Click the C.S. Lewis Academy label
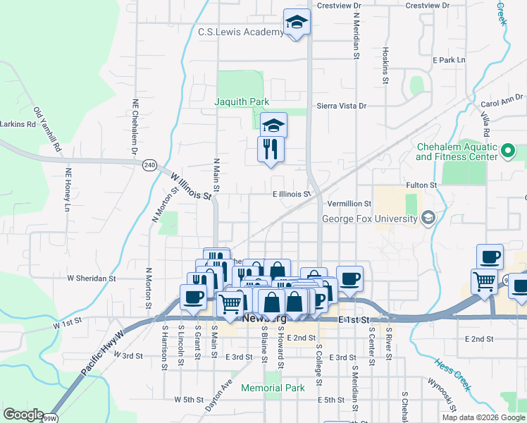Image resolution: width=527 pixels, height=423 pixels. pos(240,32)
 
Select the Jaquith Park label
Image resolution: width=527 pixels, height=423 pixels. pos(242,102)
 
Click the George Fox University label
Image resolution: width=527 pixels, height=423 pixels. pos(369,219)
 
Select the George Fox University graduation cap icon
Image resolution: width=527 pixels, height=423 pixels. pos(427,219)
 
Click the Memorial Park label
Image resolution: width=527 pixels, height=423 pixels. pos(273,388)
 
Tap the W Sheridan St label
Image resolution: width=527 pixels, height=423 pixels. pos(92,278)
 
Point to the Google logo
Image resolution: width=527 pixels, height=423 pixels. pos(24,415)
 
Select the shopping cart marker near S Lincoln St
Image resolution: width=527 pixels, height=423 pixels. pos(230,304)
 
